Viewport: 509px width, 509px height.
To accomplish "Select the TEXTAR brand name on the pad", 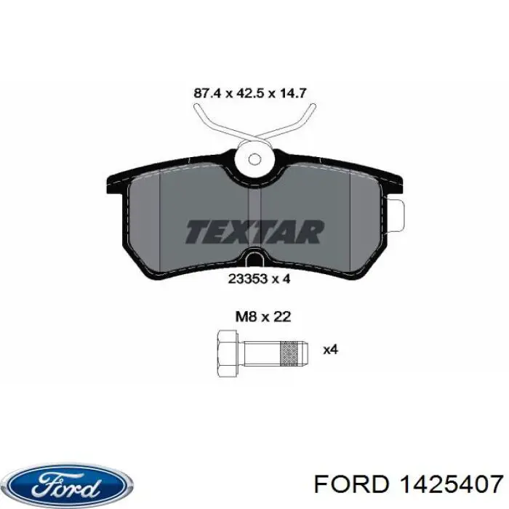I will pos(254,231).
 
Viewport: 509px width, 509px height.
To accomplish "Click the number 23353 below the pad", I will pos(245,276).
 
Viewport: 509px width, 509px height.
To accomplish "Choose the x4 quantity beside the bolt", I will pos(331,350).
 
